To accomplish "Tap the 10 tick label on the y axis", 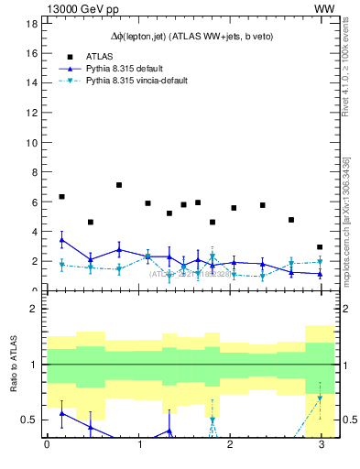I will pyautogui.click(x=30, y=142).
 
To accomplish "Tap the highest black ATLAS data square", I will pyautogui.click(x=119, y=185).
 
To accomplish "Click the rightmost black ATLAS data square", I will pyautogui.click(x=320, y=247).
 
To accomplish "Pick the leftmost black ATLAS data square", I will pyautogui.click(x=61, y=197).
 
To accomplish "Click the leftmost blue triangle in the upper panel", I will pyautogui.click(x=61, y=240).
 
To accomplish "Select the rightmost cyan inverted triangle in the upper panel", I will pyautogui.click(x=320, y=262).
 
